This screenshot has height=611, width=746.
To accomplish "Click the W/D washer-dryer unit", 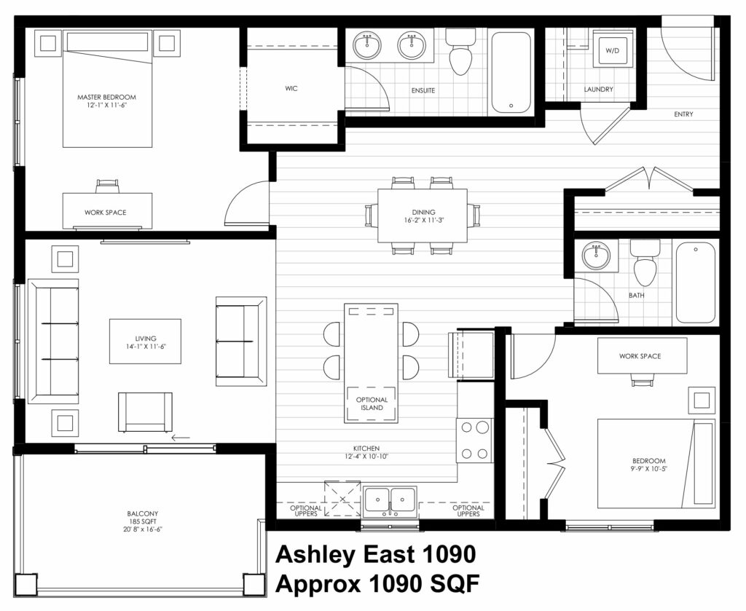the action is click(x=613, y=50).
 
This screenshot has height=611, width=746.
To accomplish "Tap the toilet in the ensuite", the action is click(x=460, y=52).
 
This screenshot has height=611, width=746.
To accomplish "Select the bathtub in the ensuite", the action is click(x=511, y=72).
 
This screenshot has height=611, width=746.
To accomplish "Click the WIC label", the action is click(x=291, y=88).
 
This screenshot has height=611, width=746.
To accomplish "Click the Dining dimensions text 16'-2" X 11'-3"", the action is click(x=423, y=220).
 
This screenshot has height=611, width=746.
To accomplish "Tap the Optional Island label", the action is click(x=372, y=403).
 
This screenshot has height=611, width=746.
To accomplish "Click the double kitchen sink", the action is click(x=390, y=501).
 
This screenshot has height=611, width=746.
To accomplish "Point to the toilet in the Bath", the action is click(x=645, y=263).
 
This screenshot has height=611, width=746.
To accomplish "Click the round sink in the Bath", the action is click(x=596, y=256).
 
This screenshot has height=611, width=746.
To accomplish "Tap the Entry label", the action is click(x=683, y=114).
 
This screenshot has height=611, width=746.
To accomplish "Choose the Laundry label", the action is click(x=599, y=90).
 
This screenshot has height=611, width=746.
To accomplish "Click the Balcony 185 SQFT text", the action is click(x=142, y=521).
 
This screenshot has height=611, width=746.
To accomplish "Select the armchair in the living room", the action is click(x=145, y=413).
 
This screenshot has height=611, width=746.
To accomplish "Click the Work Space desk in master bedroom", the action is click(x=108, y=210).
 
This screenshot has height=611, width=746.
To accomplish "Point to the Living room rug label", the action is click(x=145, y=342).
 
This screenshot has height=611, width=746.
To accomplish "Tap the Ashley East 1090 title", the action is click(x=375, y=554).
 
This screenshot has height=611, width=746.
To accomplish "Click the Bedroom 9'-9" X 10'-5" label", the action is click(x=649, y=465).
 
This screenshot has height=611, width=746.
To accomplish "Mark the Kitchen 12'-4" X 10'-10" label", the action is click(x=366, y=452).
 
